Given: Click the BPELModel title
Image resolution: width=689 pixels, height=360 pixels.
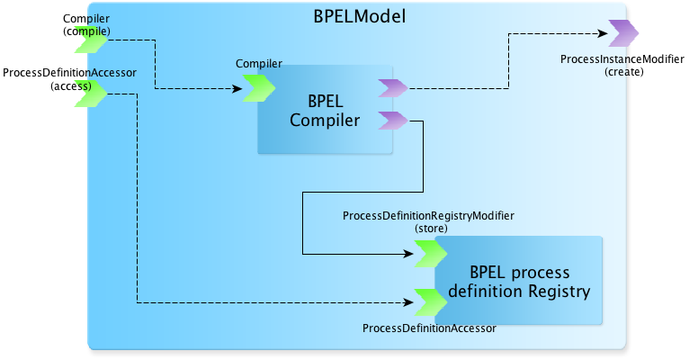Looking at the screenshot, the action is pyautogui.click(x=360, y=16).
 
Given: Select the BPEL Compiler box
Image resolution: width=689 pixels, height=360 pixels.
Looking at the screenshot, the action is pyautogui.click(x=325, y=110).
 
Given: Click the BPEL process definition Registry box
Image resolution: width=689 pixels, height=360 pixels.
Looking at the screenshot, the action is pyautogui.click(x=518, y=281).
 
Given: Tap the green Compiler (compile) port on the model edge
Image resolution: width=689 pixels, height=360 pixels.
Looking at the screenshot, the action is pyautogui.click(x=91, y=40).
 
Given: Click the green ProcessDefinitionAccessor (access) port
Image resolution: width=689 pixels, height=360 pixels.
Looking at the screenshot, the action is pyautogui.click(x=91, y=94).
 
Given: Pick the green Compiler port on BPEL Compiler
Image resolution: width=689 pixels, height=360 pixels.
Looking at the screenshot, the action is pyautogui.click(x=259, y=88).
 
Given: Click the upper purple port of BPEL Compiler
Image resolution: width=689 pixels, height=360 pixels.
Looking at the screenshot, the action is pyautogui.click(x=393, y=88).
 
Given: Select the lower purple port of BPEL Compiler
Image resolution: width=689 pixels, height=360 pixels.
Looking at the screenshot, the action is pyautogui.click(x=393, y=121).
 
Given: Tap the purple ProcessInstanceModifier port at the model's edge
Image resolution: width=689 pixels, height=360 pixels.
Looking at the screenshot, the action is pyautogui.click(x=623, y=33).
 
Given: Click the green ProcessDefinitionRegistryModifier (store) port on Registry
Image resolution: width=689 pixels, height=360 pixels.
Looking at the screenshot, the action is pyautogui.click(x=431, y=254).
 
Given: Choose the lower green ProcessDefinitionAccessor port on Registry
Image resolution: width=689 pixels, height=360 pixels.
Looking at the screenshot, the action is pyautogui.click(x=431, y=302).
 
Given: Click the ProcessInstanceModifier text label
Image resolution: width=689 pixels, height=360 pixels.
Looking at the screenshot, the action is pyautogui.click(x=622, y=58).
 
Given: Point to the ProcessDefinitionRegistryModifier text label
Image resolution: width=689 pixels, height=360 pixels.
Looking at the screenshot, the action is pyautogui.click(x=428, y=216).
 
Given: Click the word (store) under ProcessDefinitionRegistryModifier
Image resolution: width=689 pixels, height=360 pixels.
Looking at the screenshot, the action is pyautogui.click(x=431, y=229).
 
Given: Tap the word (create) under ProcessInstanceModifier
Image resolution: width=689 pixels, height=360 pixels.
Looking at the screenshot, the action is pyautogui.click(x=624, y=72).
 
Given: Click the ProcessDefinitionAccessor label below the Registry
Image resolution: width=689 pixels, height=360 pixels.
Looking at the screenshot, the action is pyautogui.click(x=429, y=328).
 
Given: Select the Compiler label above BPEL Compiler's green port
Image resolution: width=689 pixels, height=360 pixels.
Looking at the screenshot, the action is pyautogui.click(x=259, y=64).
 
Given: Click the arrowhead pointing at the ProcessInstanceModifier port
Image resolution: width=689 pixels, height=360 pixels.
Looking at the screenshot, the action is pyautogui.click(x=603, y=33).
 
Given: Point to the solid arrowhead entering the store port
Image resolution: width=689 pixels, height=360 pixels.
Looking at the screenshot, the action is pyautogui.click(x=408, y=254).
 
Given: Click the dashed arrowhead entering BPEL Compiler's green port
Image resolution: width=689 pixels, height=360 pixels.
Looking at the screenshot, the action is pyautogui.click(x=237, y=89).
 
